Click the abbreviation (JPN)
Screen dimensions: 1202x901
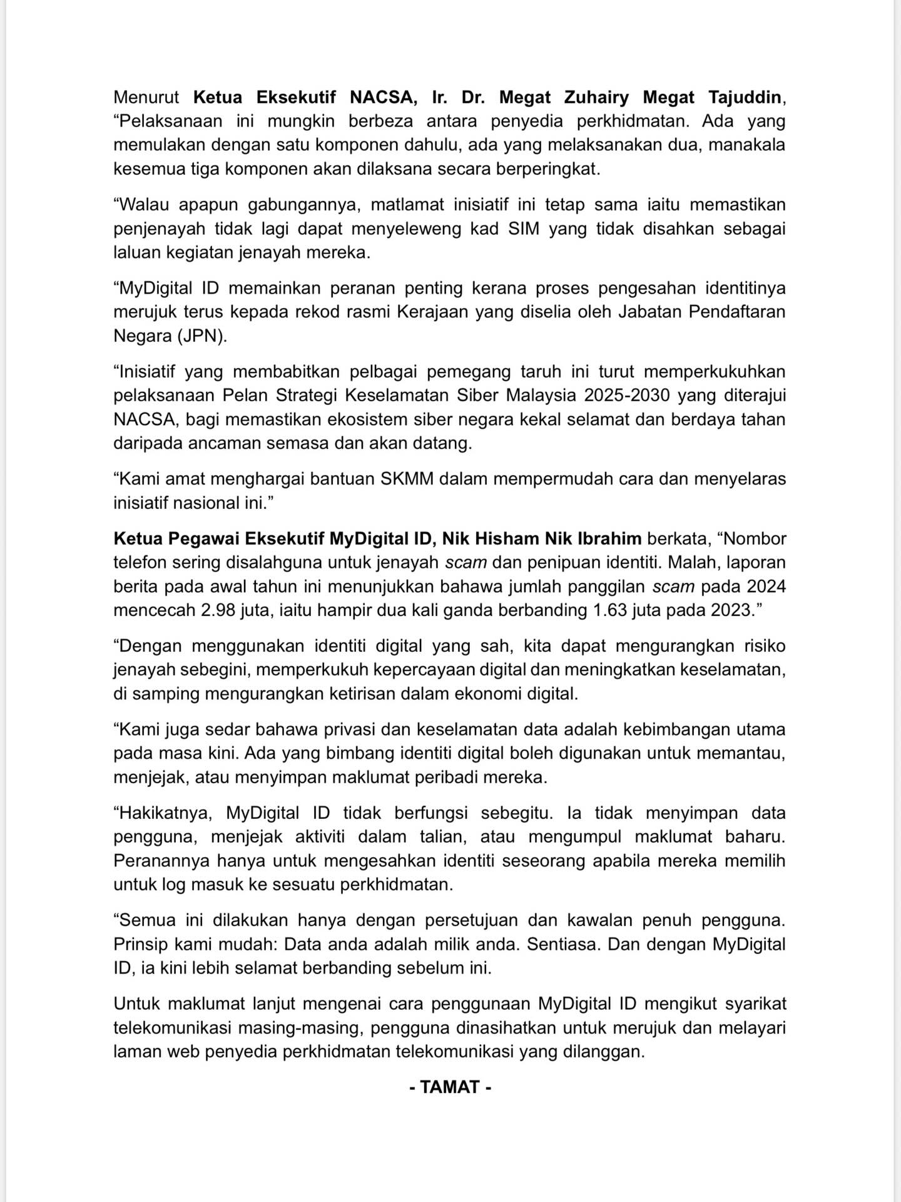(x=202, y=336)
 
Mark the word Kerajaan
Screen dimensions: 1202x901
(x=432, y=312)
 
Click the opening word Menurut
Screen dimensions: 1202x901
(x=146, y=98)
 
